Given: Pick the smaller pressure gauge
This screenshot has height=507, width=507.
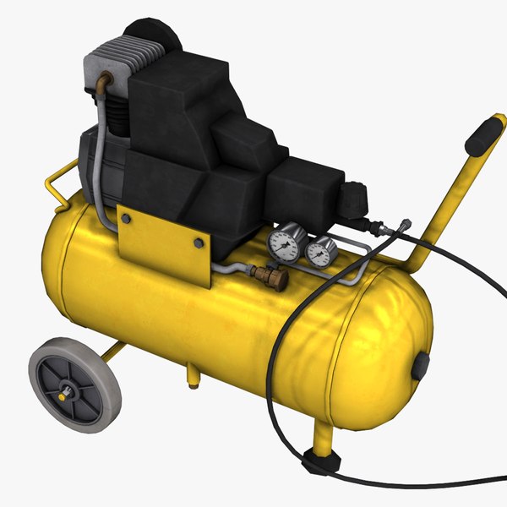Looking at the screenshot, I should (x=320, y=251).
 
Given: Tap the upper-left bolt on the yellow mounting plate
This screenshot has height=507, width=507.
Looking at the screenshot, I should (x=126, y=219).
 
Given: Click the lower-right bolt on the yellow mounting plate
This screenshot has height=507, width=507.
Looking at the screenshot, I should (x=199, y=243).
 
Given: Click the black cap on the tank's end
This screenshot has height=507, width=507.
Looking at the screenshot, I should (x=420, y=366).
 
